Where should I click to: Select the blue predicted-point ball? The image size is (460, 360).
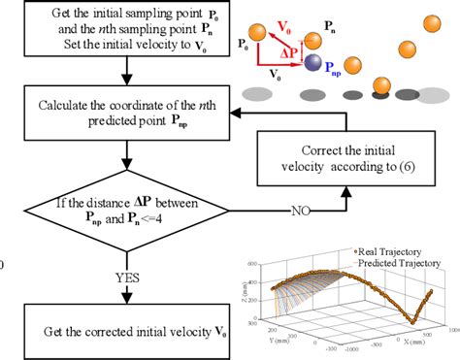[312, 63]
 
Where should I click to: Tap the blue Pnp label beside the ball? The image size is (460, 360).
[336, 71]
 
